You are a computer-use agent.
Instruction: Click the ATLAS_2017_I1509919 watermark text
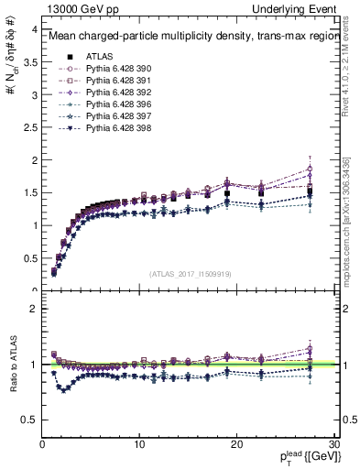pos(190,273)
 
